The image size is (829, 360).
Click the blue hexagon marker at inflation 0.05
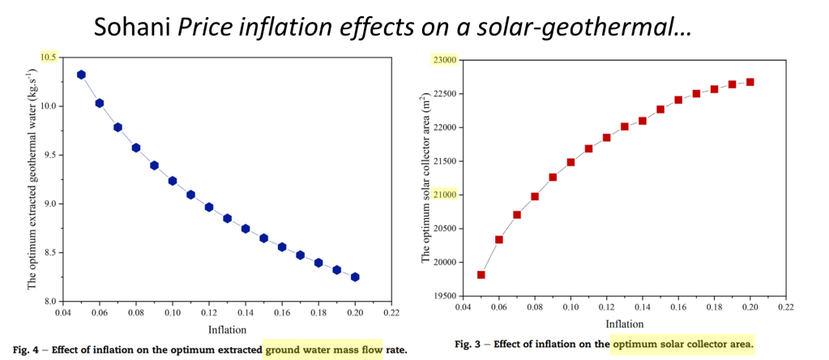[x=81, y=75]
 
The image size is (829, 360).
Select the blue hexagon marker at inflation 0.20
[x=355, y=277]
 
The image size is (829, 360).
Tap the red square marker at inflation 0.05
[x=481, y=275]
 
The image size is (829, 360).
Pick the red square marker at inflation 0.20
[x=750, y=82]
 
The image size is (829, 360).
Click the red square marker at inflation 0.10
[x=570, y=162]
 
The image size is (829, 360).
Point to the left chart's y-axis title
[x=32, y=178]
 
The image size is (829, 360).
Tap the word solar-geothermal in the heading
[x=597, y=28]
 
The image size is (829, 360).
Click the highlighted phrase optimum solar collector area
[x=682, y=345]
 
